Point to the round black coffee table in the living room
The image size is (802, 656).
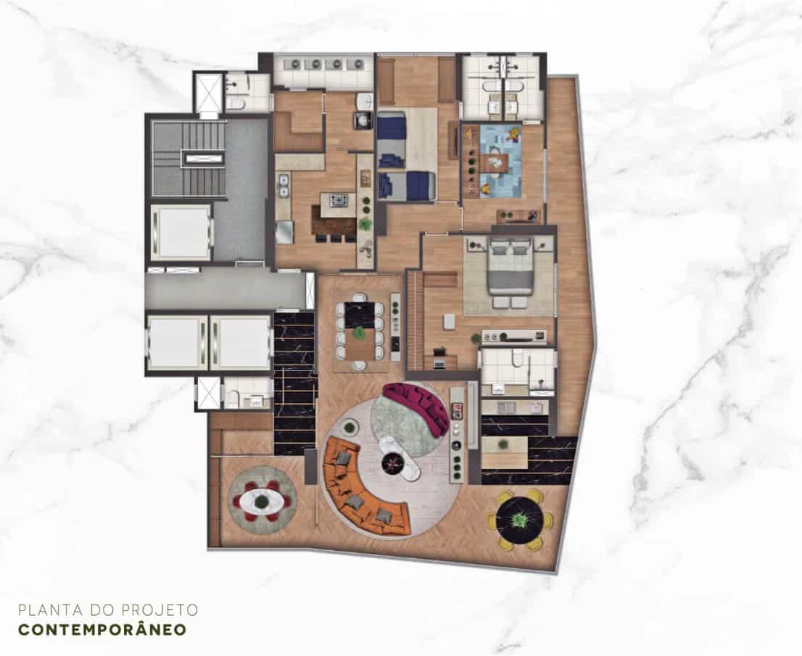coord(393,463)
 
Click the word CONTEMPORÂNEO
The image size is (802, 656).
coord(102,629)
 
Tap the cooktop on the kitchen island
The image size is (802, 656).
coord(338,200)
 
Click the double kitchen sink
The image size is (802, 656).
coord(284,185)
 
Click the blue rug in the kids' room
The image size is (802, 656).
coord(493,161)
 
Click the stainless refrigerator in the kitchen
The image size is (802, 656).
coord(284,232)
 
